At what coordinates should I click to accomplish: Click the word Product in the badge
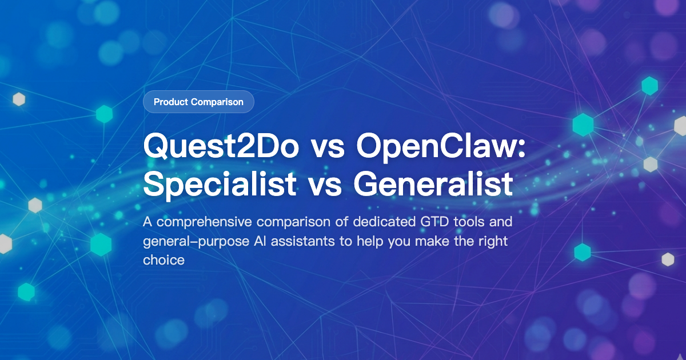click(x=171, y=102)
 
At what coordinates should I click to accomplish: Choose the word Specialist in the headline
click(x=220, y=183)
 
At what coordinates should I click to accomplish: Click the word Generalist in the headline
click(x=433, y=183)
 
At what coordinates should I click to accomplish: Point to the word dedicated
click(x=377, y=222)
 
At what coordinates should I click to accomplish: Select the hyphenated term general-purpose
click(x=196, y=241)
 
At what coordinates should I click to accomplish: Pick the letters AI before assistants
click(x=260, y=241)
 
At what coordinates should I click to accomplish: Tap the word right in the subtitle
click(x=492, y=241)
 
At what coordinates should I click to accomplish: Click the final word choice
click(x=164, y=260)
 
